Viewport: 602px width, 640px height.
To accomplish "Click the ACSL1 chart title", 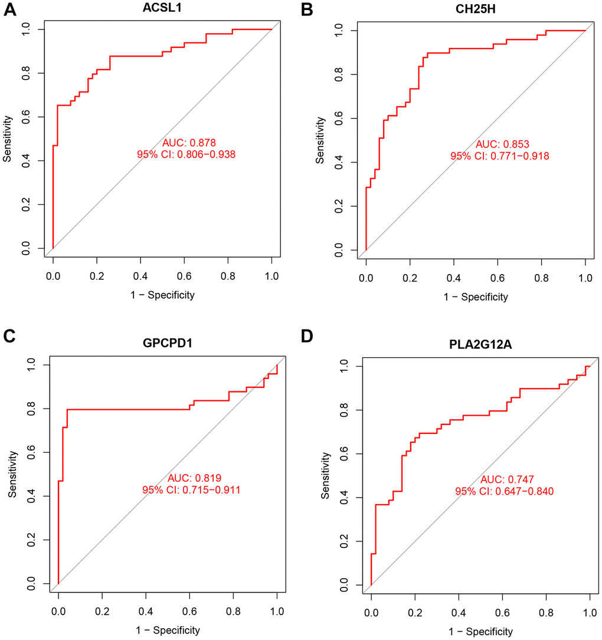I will point(162,8).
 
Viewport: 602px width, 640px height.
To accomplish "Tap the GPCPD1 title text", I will point(167,341).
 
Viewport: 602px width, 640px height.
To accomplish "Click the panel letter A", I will point(9,9).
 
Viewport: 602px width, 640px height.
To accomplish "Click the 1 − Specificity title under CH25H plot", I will point(476,297).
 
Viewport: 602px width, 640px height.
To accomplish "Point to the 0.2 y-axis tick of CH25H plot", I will point(336,207).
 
